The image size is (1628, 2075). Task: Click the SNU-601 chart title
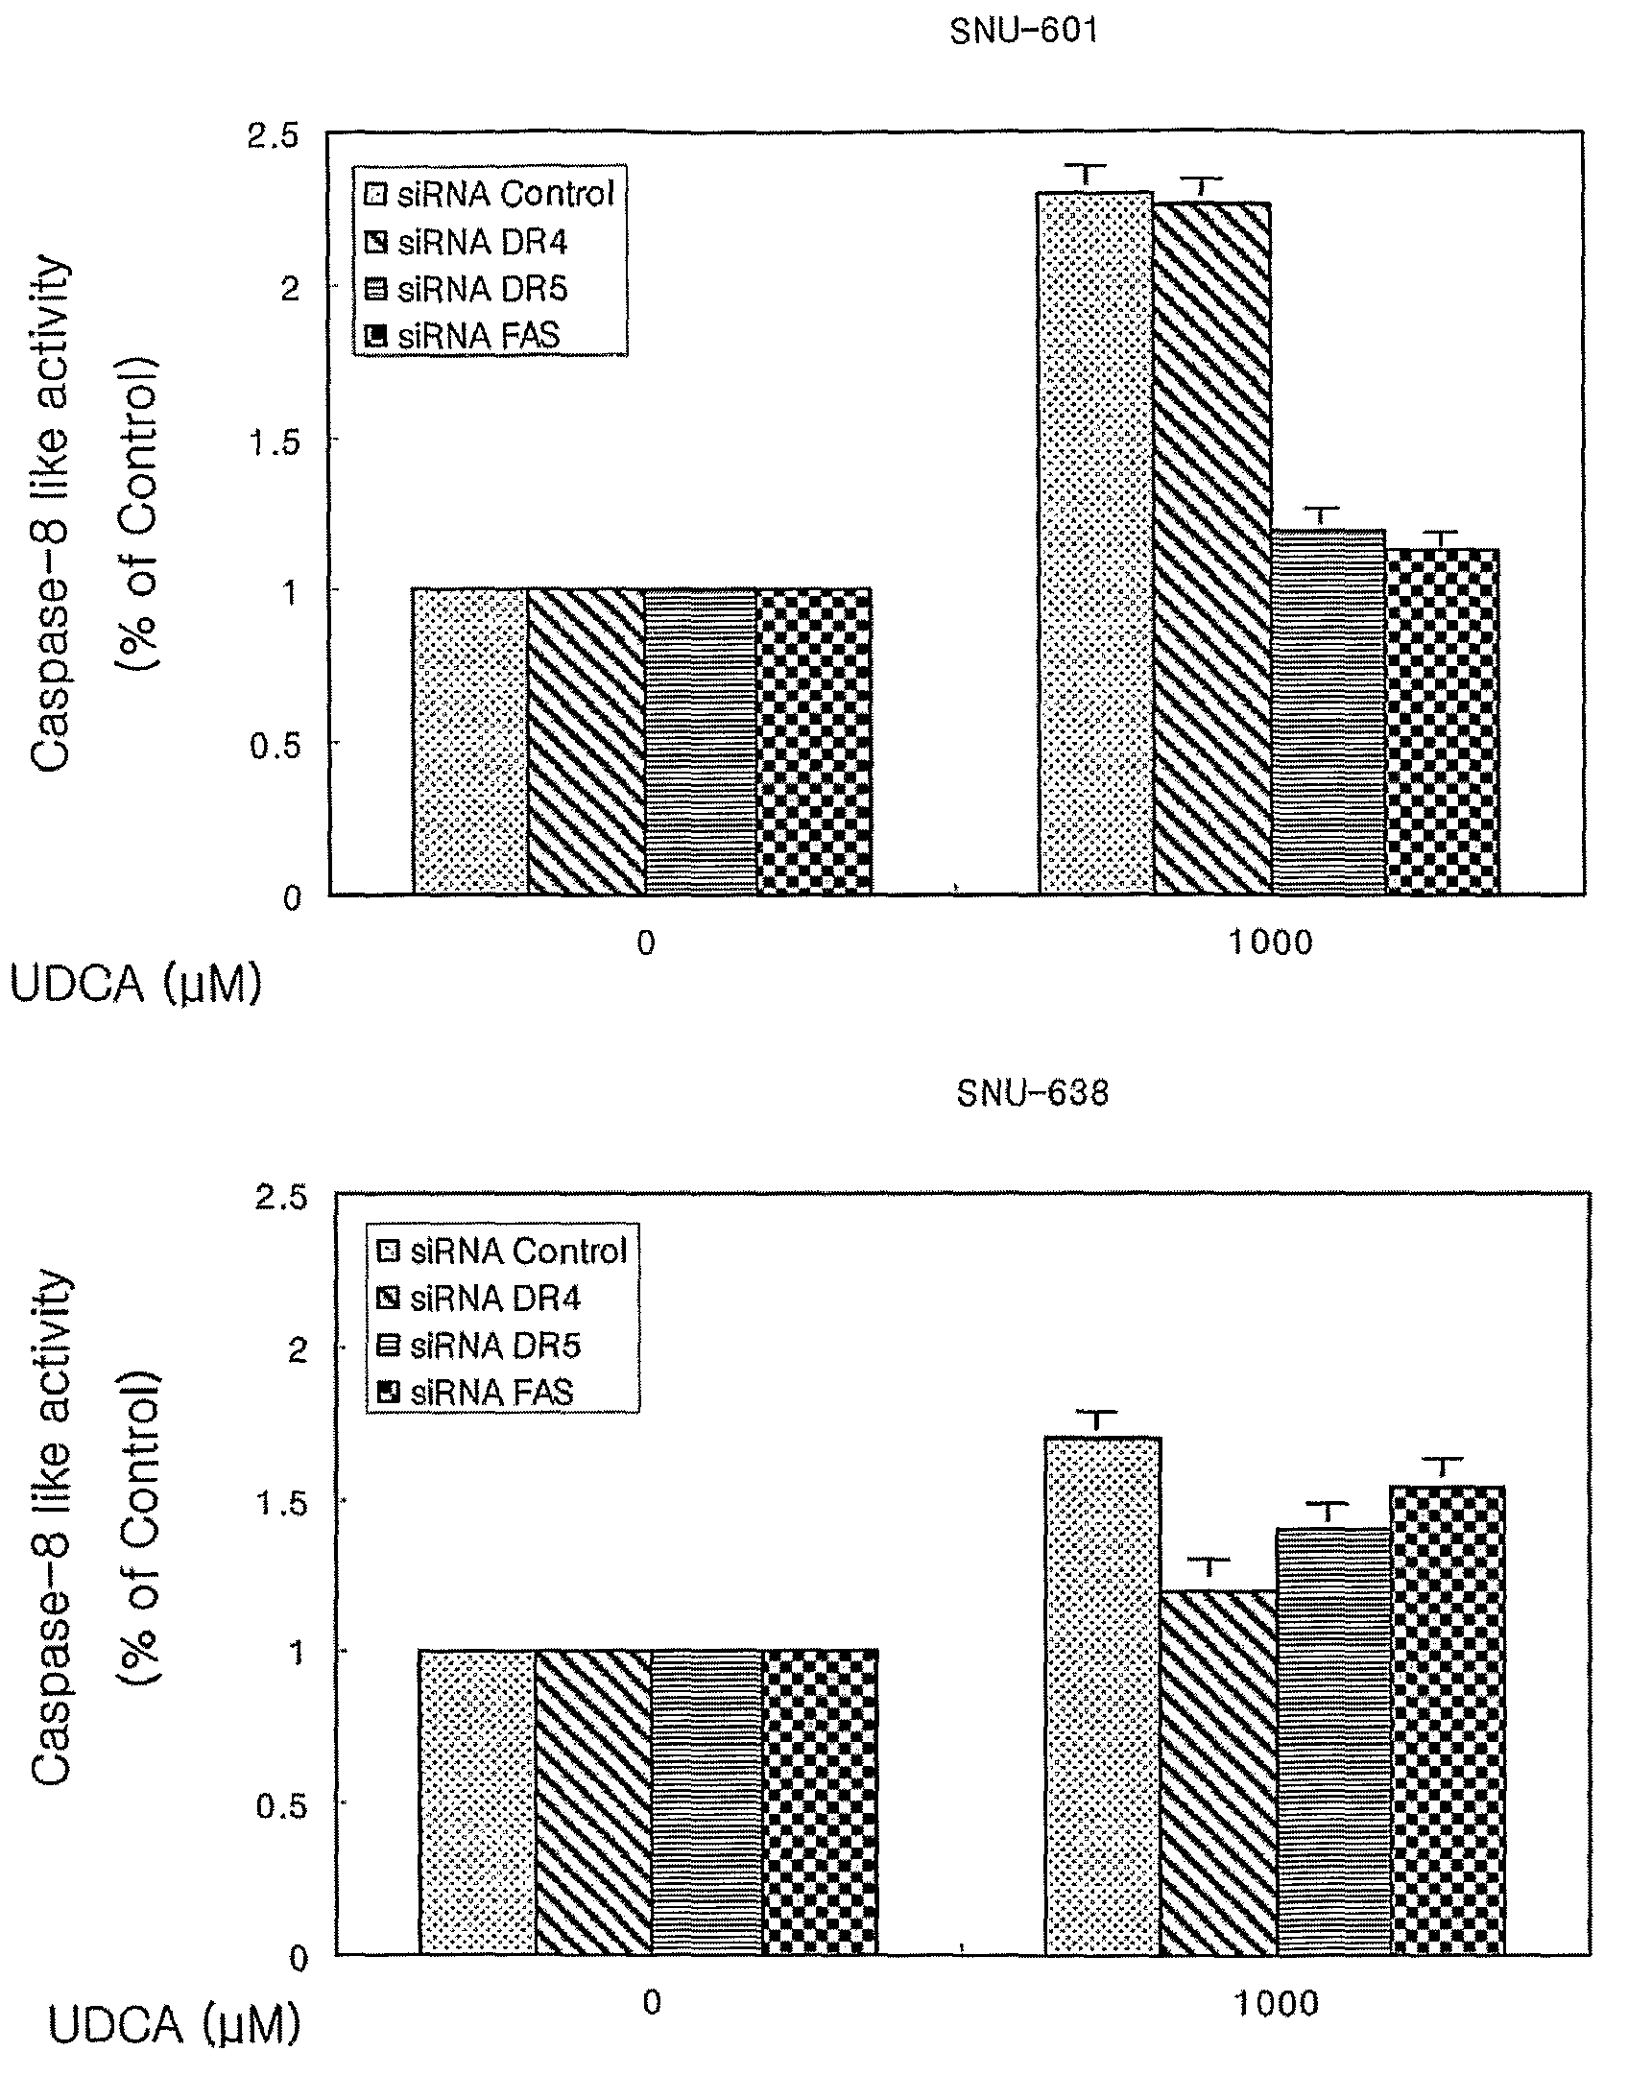coord(1023,32)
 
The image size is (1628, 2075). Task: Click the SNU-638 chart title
coord(1033,1093)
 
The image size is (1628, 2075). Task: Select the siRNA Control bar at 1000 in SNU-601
coord(1096,543)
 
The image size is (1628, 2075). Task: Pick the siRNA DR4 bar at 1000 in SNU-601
coord(1211,548)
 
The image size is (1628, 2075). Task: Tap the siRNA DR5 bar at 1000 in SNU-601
coord(1328,711)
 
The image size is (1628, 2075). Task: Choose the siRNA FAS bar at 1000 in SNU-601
coord(1442,722)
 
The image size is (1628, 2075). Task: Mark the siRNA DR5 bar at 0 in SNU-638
coord(707,1802)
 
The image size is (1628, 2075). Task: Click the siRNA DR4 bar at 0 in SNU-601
coord(586,741)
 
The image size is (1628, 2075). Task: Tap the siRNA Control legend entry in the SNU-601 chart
coord(491,195)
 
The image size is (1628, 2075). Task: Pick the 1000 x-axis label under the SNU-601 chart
coord(1270,943)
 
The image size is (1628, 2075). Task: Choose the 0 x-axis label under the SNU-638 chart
coord(652,2005)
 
